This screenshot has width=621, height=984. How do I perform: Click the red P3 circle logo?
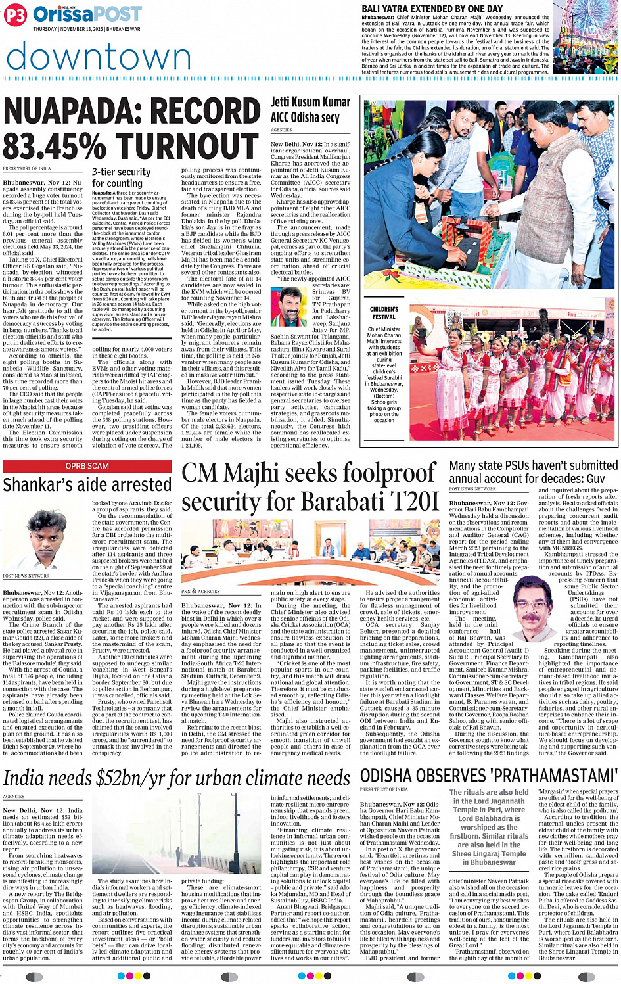(14, 15)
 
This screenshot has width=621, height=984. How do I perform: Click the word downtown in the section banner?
(99, 57)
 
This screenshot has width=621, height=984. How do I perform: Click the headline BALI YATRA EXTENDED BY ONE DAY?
(432, 9)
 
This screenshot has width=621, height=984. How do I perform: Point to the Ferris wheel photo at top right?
(585, 38)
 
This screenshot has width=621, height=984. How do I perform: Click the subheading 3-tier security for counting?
(121, 177)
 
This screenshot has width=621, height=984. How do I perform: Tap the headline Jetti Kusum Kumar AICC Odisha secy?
(310, 110)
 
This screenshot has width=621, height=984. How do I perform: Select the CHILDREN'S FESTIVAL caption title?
(384, 313)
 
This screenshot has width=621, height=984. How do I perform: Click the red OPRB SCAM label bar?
(87, 466)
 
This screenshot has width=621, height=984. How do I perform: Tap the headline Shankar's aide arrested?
(87, 485)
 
